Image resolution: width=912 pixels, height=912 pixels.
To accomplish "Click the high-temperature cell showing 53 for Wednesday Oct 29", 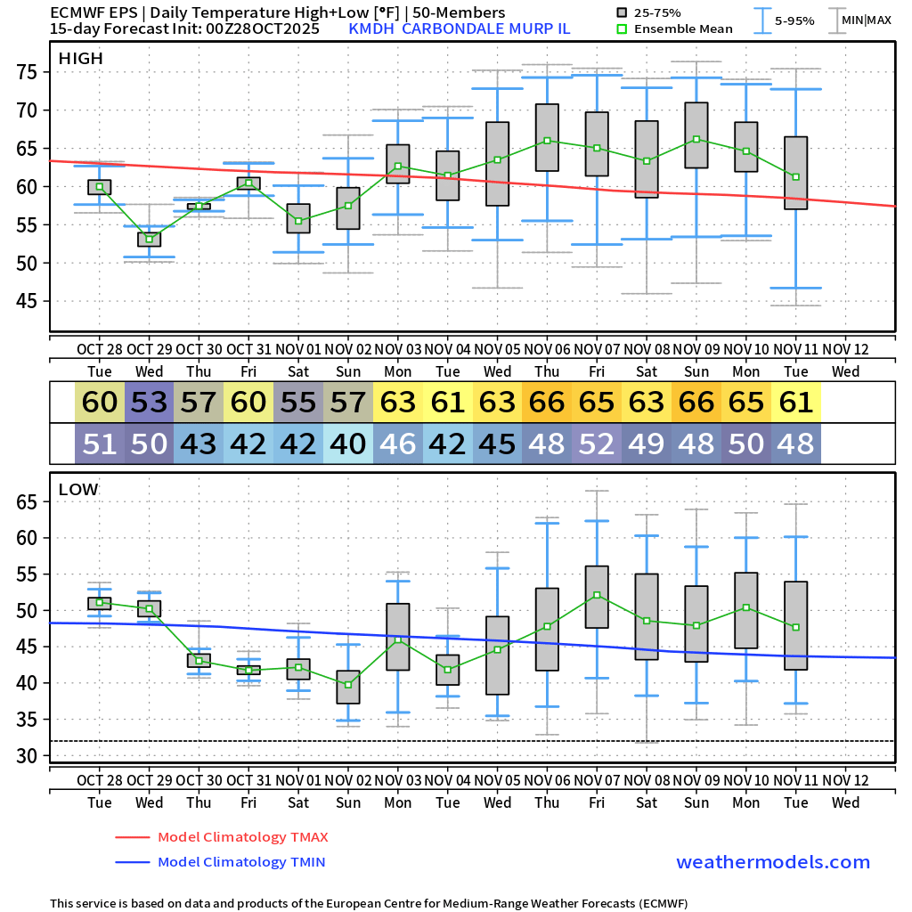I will [150, 403].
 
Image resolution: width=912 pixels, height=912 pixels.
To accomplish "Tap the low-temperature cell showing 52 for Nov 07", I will [597, 444].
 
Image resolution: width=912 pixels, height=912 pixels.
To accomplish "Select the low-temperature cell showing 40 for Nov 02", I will [348, 444].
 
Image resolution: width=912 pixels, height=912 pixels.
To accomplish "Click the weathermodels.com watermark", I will [773, 862].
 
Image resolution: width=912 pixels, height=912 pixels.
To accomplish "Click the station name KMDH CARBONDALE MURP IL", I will [460, 28].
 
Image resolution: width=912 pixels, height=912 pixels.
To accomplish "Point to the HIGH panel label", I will [80, 59].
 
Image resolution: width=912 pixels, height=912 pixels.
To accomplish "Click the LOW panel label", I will [78, 489].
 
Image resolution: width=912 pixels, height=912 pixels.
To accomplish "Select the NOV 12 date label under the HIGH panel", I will [845, 350].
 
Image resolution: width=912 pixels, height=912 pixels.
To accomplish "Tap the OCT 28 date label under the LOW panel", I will [99, 781].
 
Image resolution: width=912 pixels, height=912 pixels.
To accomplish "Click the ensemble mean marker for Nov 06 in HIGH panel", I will [547, 141].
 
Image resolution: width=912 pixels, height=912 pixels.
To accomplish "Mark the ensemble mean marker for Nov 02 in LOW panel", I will [348, 684].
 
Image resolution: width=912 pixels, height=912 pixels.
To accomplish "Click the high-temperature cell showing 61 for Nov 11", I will [796, 403].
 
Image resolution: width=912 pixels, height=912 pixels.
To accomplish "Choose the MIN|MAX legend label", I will [866, 20].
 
